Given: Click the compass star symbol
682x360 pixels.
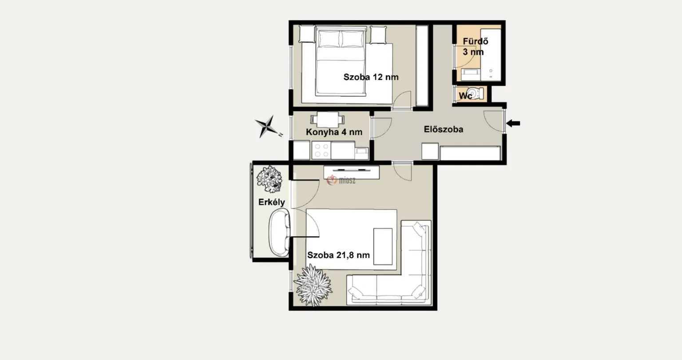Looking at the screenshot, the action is (267, 127).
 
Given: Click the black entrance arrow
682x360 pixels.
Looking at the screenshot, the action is (513, 123).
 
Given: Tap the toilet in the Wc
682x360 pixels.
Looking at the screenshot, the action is (475, 93).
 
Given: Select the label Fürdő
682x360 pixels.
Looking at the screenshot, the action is (476, 41).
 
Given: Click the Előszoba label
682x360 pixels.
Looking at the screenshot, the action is (444, 129).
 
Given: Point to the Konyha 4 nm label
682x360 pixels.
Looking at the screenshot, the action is (334, 132).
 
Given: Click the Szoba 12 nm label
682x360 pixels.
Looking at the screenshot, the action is (371, 77).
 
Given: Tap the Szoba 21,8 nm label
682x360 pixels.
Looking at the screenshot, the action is (339, 255).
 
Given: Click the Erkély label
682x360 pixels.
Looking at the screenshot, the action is (272, 202).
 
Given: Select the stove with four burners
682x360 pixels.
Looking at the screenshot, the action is (321, 150).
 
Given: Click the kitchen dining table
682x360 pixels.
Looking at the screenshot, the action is (328, 119).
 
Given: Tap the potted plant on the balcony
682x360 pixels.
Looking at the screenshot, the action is (269, 179).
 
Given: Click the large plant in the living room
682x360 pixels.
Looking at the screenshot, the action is (313, 285).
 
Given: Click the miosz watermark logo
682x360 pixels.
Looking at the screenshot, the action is (341, 180).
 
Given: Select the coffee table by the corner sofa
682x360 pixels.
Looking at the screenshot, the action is (383, 246).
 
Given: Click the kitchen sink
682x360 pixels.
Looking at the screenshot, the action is (362, 153).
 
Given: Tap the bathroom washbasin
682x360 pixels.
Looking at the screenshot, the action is (471, 75).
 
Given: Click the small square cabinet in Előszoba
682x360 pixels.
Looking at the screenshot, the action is (430, 151).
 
